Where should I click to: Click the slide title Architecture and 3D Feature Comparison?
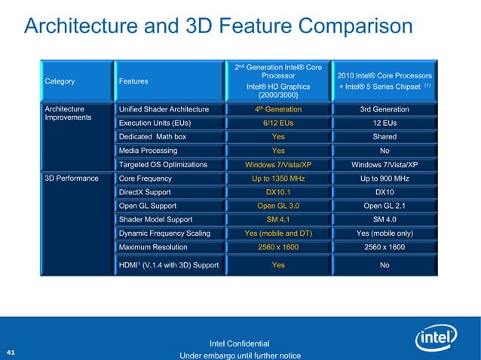point(219,26)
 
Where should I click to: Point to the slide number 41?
point(11,352)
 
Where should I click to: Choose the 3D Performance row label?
point(72,178)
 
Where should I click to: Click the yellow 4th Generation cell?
point(278,109)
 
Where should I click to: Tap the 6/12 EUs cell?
point(278,123)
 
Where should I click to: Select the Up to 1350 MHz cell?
point(278,178)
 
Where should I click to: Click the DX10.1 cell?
point(278,192)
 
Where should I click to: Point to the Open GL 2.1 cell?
point(384,206)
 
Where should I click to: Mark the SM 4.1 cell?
point(278,219)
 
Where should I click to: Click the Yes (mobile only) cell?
point(384,233)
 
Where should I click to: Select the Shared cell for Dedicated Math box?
point(384,136)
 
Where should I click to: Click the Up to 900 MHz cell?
point(384,178)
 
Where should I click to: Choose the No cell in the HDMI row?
point(384,264)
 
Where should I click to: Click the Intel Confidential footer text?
point(239,344)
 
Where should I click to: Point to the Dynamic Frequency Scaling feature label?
point(164,233)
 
